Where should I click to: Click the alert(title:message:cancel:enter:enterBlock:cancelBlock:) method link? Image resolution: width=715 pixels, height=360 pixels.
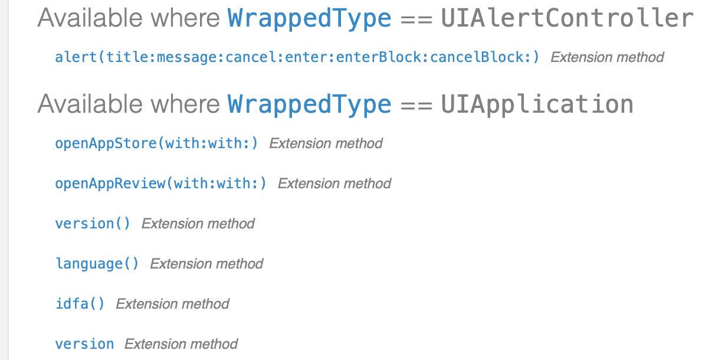coord(297,57)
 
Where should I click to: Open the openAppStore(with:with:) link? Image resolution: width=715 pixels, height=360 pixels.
coord(156,143)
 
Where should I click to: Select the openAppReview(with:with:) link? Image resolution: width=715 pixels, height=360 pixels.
coord(160,184)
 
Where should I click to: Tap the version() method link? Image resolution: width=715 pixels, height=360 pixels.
coord(93,224)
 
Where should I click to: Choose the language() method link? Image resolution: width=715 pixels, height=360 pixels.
coord(97,264)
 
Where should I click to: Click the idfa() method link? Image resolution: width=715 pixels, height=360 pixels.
coord(80,304)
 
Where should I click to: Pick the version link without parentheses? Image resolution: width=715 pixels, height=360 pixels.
coord(84,344)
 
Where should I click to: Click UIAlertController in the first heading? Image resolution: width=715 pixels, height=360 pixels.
coord(567,18)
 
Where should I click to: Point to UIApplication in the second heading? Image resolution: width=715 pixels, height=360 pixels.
coord(537,104)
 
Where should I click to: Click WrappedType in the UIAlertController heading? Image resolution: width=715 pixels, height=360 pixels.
coord(309,18)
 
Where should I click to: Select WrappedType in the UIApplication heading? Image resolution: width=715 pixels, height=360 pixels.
coord(309,104)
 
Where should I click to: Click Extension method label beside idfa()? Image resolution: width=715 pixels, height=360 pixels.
coord(172,304)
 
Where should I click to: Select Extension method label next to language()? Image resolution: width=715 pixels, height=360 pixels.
coord(206,264)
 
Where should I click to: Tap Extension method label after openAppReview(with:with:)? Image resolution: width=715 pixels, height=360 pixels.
coord(334,184)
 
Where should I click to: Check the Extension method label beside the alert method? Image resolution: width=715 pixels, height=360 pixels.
coord(607,57)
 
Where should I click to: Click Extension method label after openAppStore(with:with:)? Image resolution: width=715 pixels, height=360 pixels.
coord(326,143)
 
